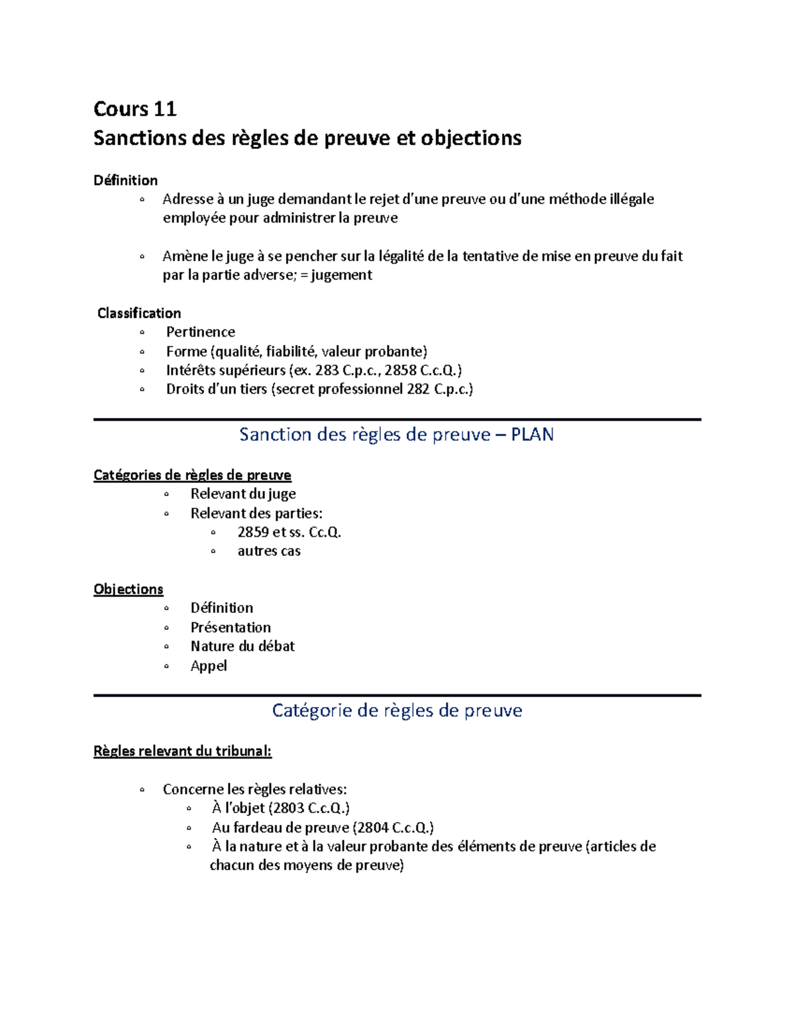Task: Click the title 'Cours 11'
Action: pyautogui.click(x=134, y=109)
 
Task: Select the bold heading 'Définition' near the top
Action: pyautogui.click(x=125, y=180)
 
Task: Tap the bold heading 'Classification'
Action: pyautogui.click(x=139, y=313)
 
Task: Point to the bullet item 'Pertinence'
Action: pyautogui.click(x=200, y=332)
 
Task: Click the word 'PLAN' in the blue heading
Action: pyautogui.click(x=532, y=435)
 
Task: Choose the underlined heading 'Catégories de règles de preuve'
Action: pyautogui.click(x=192, y=475)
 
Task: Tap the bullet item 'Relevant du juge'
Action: pyautogui.click(x=242, y=494)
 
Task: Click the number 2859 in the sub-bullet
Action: pyautogui.click(x=253, y=532)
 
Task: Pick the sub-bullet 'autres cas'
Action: pyautogui.click(x=269, y=551)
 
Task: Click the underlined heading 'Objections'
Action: pyautogui.click(x=128, y=589)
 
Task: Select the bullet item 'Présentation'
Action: pyautogui.click(x=231, y=627)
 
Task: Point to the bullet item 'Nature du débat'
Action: pyautogui.click(x=242, y=646)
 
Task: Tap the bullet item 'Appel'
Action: pyautogui.click(x=209, y=666)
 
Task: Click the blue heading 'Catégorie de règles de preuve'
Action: pyautogui.click(x=397, y=711)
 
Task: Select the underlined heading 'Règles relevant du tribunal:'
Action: pyautogui.click(x=182, y=751)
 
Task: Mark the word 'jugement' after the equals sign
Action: pyautogui.click(x=341, y=275)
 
